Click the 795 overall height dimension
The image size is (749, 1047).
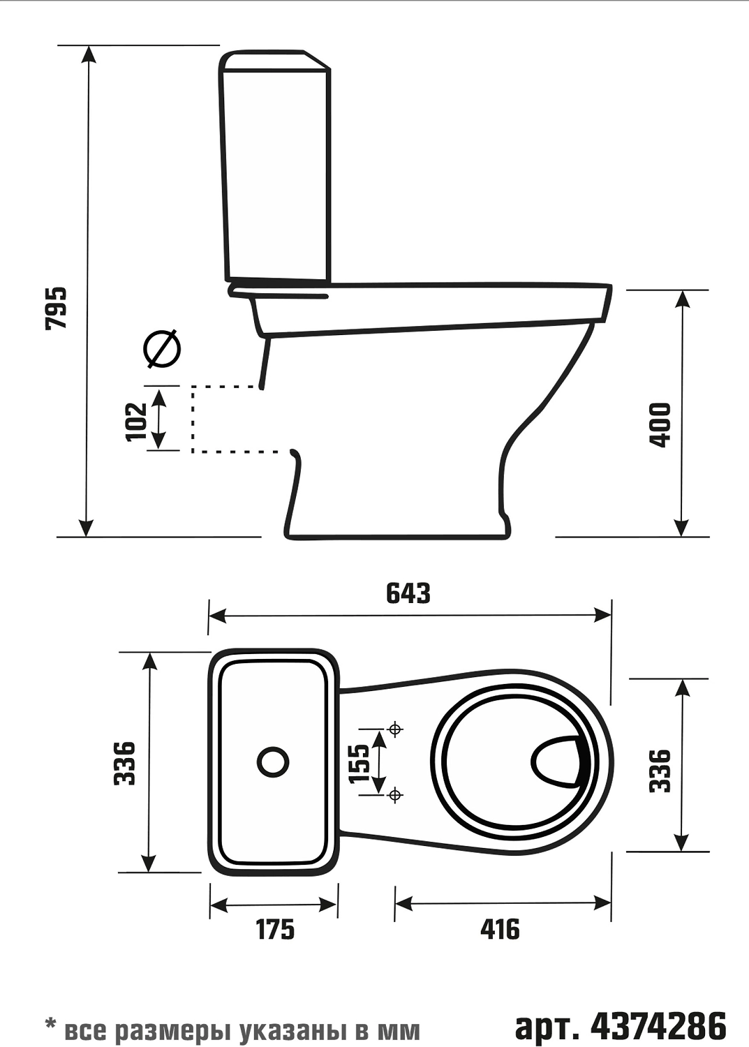(56, 308)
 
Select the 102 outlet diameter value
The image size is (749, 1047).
(137, 421)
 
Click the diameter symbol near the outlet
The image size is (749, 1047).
(162, 349)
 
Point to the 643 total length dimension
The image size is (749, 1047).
(408, 593)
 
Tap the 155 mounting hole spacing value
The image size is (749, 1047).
(360, 763)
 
